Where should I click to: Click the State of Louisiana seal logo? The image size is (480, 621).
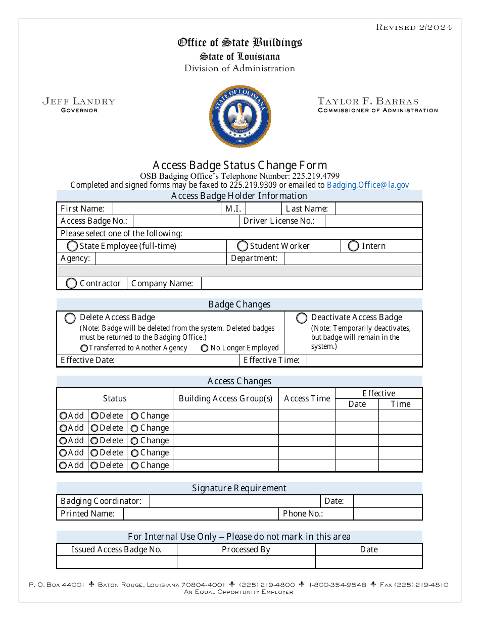[x=240, y=116]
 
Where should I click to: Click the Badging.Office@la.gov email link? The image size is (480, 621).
[x=368, y=185]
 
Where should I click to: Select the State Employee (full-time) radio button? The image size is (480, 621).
[x=73, y=246]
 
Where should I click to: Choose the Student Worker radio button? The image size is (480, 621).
[x=243, y=246]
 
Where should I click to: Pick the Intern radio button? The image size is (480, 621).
[x=354, y=246]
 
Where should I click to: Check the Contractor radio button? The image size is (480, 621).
[x=72, y=283]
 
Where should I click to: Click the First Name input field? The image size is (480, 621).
[x=166, y=209]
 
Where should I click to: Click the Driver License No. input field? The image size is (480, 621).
[x=373, y=221]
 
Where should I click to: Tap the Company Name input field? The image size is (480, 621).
[x=311, y=283]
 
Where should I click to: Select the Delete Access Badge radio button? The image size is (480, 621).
[x=70, y=319]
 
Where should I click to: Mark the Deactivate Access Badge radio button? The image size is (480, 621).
[x=302, y=318]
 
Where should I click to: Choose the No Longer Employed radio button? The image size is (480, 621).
[x=205, y=348]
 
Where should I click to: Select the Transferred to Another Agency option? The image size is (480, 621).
[x=84, y=348]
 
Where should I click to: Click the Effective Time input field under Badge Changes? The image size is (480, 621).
[x=364, y=360]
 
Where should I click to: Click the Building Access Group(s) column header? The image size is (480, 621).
[x=225, y=398]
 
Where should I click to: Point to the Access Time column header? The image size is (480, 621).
[x=307, y=398]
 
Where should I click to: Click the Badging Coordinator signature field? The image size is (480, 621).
[x=235, y=501]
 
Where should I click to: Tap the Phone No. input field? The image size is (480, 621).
[x=387, y=513]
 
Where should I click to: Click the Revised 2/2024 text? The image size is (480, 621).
[x=413, y=27]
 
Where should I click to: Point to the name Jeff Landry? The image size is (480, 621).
[x=79, y=101]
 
